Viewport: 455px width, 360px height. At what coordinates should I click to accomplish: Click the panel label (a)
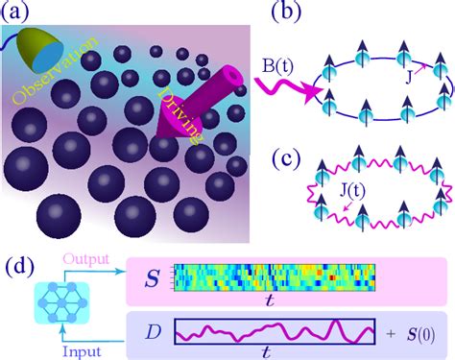click(21, 14)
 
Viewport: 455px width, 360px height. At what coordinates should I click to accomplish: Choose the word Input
click(84, 349)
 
